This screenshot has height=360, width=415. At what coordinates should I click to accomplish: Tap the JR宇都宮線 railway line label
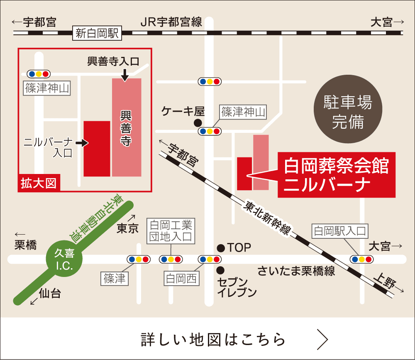(171, 22)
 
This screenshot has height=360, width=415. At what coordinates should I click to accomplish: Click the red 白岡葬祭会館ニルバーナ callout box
(336, 174)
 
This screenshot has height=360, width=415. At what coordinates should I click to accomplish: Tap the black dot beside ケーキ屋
(198, 122)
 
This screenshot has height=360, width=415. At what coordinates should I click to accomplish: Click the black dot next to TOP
(221, 248)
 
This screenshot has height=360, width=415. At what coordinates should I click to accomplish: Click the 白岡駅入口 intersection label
(340, 231)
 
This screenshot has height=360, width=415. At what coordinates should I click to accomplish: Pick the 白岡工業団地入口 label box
(171, 231)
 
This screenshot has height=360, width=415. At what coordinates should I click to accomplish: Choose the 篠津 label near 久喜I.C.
(115, 278)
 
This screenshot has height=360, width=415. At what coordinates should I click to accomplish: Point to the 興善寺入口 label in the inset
(113, 62)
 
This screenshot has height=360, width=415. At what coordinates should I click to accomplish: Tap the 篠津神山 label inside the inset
(47, 88)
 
